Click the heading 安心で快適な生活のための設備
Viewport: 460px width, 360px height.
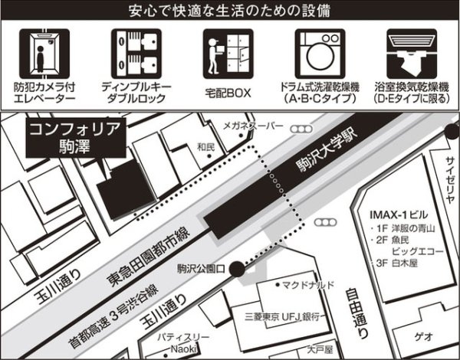(x=230, y=11)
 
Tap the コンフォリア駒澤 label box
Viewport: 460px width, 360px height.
(x=74, y=137)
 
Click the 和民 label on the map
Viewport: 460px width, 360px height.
(x=205, y=146)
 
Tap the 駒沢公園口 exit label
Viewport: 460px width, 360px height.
(x=200, y=268)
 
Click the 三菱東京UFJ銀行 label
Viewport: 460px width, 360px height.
(x=287, y=314)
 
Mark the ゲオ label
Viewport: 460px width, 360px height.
(x=425, y=336)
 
